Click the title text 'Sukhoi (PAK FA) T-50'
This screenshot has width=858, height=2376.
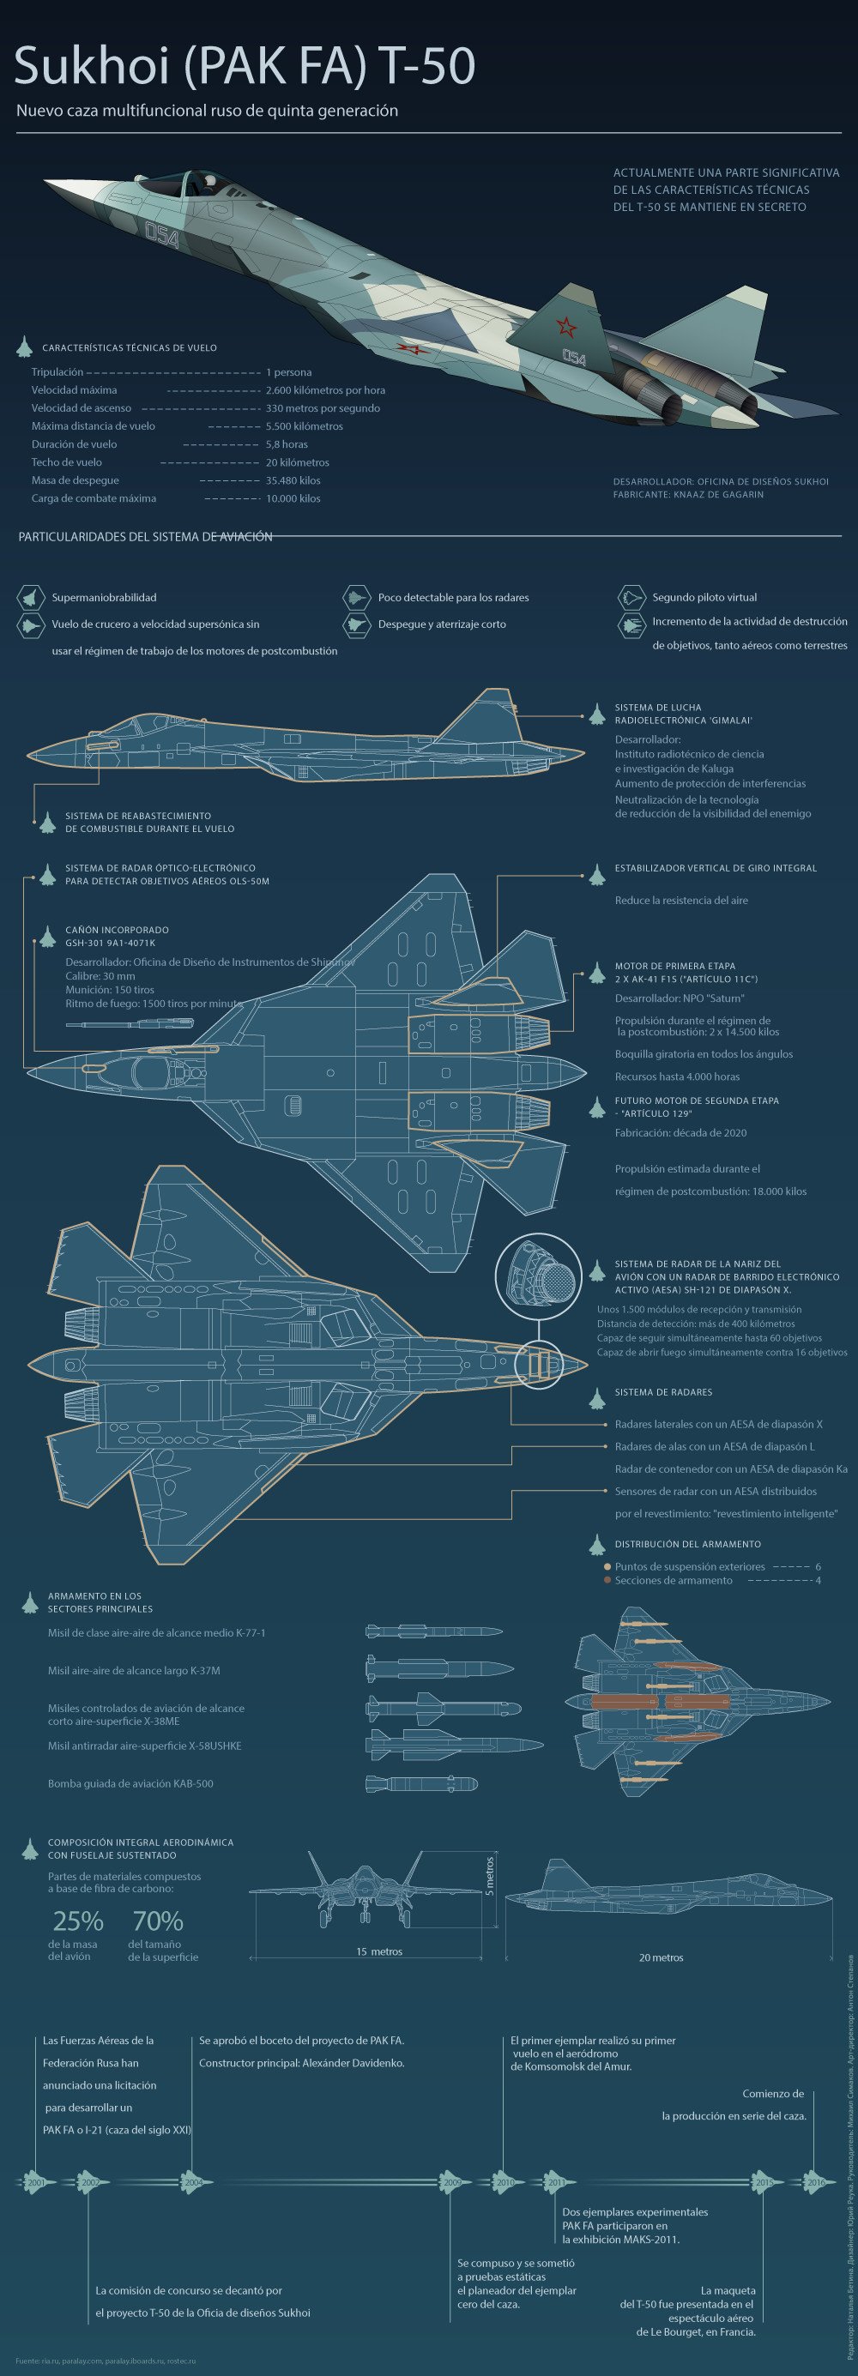(x=245, y=66)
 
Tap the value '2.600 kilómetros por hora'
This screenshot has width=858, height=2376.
(x=324, y=390)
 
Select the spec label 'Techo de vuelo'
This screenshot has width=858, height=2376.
(x=66, y=462)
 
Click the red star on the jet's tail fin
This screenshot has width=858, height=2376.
(x=564, y=326)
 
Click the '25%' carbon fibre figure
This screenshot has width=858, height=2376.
(x=77, y=1921)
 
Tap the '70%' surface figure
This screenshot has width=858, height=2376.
(x=158, y=1921)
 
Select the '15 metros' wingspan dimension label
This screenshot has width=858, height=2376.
(x=379, y=1951)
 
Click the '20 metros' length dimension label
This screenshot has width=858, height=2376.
(x=661, y=1957)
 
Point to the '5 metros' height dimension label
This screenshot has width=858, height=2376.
(x=489, y=1876)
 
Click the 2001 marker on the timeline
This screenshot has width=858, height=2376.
(x=36, y=2182)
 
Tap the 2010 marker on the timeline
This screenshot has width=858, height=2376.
(x=505, y=2182)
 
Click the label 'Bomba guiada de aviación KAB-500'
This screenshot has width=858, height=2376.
(x=130, y=1784)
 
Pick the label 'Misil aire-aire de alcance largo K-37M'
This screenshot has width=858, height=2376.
(x=134, y=1670)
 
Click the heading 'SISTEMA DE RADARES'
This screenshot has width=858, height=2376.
(x=663, y=1393)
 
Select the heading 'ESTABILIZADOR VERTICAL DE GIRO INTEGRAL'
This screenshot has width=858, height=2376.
(x=715, y=868)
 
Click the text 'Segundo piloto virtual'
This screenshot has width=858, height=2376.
(x=704, y=598)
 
